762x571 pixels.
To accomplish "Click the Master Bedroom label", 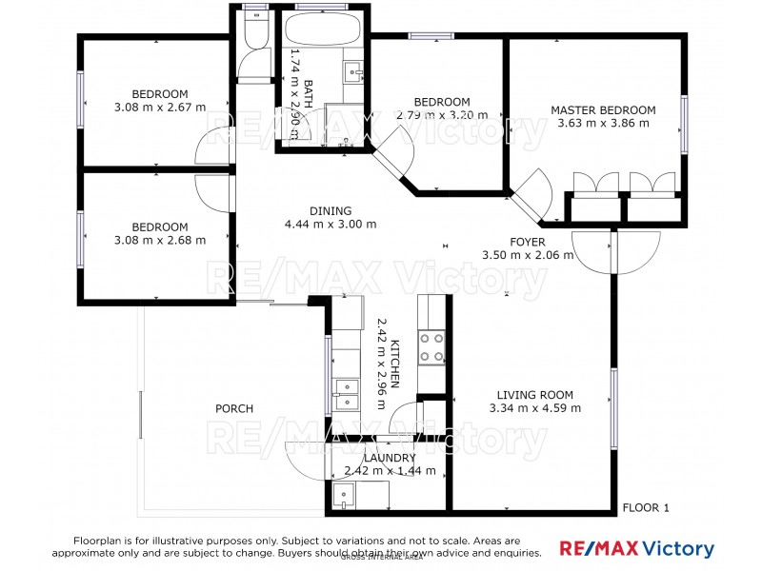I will coord(603,110).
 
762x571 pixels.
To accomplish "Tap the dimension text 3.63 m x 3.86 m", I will coord(603,124).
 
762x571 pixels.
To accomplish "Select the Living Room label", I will coord(534,395).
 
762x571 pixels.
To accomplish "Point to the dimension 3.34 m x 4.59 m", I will coord(534,408).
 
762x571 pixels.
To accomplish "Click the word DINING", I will coord(331,211).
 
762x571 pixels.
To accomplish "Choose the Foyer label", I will coord(527,242).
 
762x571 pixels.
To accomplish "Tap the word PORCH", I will coord(233,409).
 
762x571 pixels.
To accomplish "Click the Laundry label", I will coord(390,458).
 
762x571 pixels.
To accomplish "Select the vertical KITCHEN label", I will coord(393,366).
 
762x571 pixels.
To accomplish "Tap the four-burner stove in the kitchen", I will coord(432,346).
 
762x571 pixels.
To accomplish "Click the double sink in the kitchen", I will coord(346,393).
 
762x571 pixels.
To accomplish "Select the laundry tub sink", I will coord(343,495).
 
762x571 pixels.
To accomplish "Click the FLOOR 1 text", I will coord(645,508).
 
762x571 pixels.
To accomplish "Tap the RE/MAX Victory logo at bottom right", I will coord(635,549).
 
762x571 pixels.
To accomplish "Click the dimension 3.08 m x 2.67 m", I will coord(159,108).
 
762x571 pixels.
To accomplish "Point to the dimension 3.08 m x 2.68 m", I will coord(159,240).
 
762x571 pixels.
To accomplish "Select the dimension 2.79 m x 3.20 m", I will coord(441,115).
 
